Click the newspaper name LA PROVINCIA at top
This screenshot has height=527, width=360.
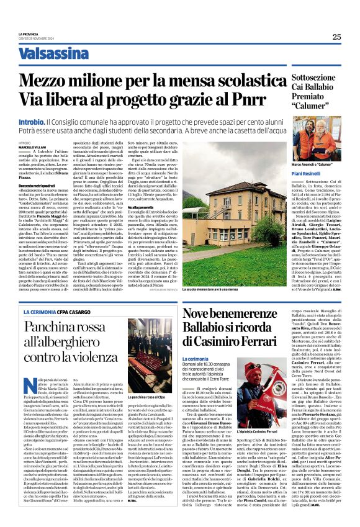point(29,34)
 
